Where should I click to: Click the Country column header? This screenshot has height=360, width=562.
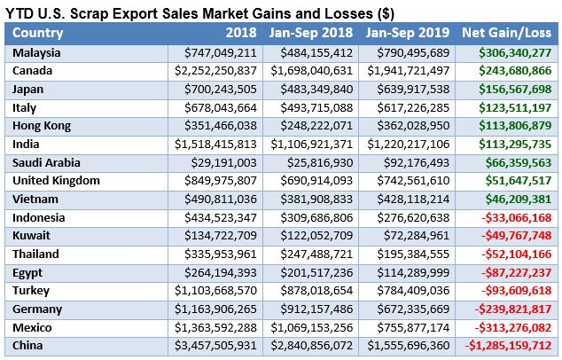[x=38, y=33]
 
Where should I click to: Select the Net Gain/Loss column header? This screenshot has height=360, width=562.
[x=507, y=33]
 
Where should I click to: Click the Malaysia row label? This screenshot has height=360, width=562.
[x=37, y=53]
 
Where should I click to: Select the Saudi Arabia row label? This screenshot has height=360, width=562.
[x=48, y=163]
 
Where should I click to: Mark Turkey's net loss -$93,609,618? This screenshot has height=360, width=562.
[x=511, y=290]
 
